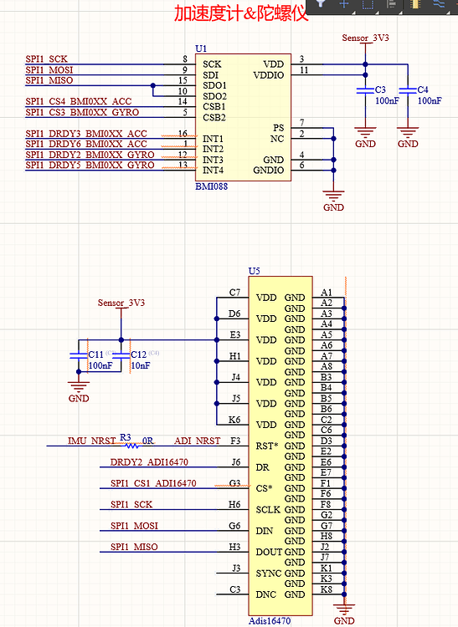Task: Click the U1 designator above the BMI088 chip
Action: click(x=200, y=49)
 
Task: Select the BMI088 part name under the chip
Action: click(x=211, y=186)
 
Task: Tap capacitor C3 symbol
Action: click(x=364, y=89)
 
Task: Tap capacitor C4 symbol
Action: click(x=408, y=89)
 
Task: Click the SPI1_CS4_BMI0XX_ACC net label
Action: click(x=86, y=101)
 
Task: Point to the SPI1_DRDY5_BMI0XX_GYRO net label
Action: click(x=90, y=165)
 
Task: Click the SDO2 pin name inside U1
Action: click(x=216, y=96)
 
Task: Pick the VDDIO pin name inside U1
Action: click(x=269, y=75)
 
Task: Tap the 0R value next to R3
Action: click(x=148, y=440)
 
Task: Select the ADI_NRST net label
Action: click(x=198, y=441)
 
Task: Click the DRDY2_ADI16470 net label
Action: click(x=149, y=461)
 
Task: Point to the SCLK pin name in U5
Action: click(x=269, y=509)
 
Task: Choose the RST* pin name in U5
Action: click(x=268, y=446)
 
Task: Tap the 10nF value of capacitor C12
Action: click(x=141, y=365)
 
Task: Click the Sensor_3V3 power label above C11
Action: click(x=121, y=303)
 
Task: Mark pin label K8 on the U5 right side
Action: click(x=327, y=589)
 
